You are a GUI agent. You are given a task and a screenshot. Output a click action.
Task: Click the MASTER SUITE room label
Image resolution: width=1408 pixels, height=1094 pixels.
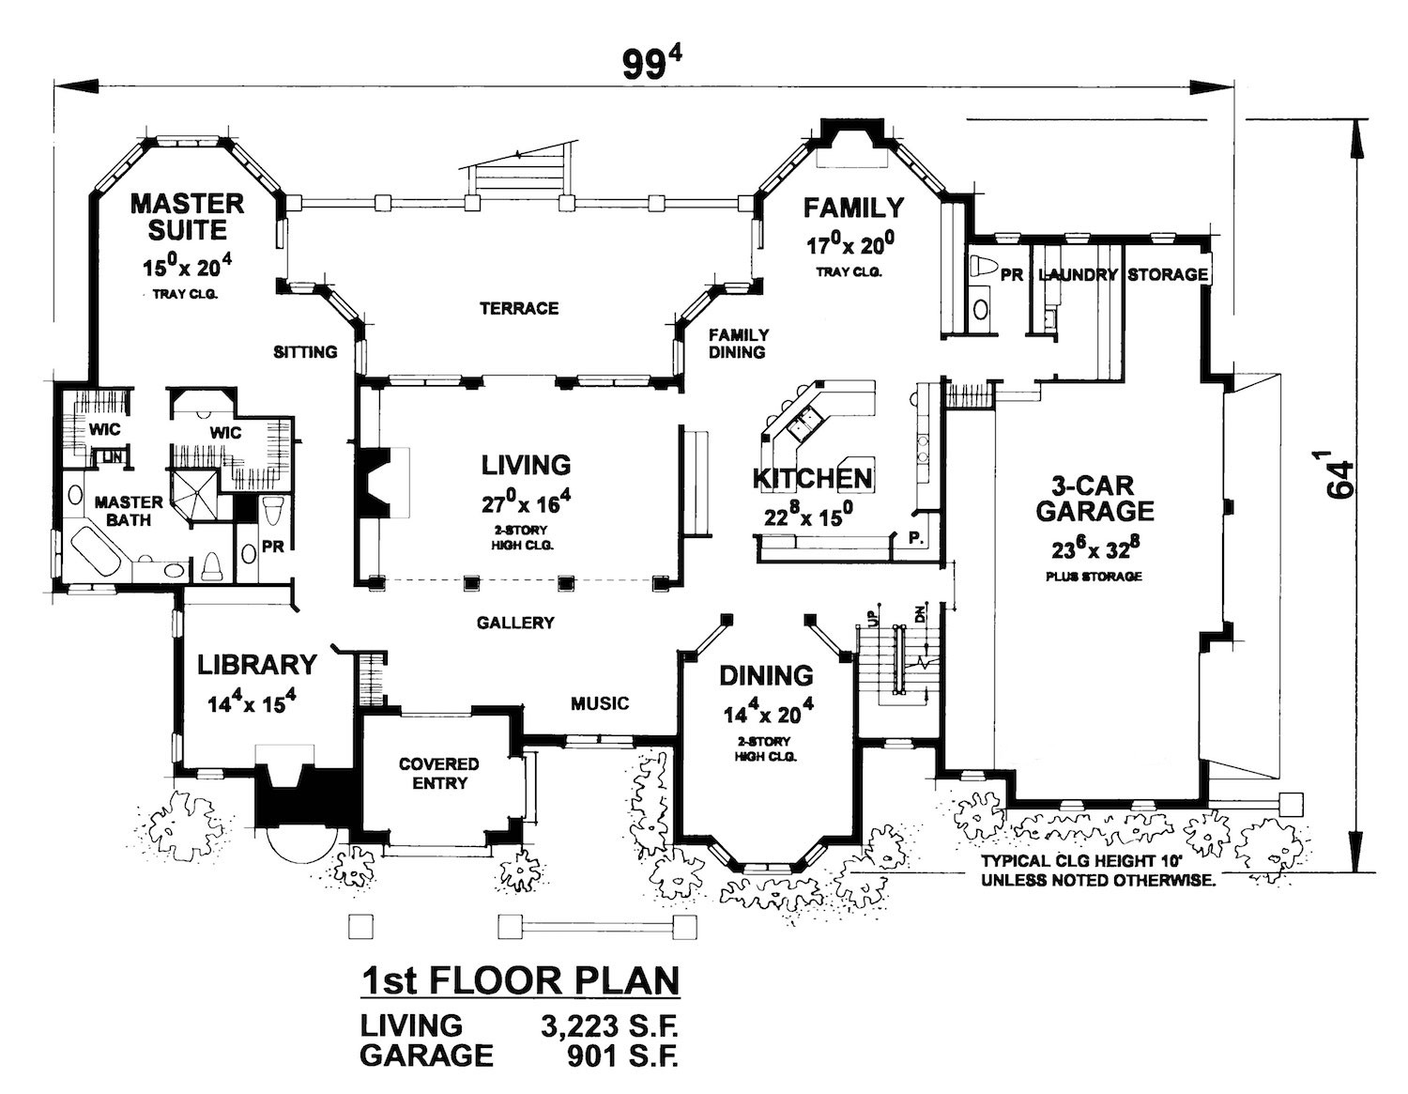tap(187, 216)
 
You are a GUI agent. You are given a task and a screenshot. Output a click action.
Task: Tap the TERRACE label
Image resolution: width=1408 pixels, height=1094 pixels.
tap(519, 308)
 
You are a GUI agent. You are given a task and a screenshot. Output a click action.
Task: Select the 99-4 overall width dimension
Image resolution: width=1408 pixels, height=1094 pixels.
tap(650, 64)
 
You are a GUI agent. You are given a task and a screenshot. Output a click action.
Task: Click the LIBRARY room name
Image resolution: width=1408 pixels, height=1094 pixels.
tap(256, 665)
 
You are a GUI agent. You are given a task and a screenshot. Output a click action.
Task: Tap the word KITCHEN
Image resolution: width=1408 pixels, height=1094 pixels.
tap(813, 478)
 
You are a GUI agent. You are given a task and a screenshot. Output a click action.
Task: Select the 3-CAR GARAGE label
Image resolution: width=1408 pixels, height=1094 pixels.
tap(1094, 499)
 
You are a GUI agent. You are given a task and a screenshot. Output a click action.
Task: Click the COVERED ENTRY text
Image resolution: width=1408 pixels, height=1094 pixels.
tap(438, 773)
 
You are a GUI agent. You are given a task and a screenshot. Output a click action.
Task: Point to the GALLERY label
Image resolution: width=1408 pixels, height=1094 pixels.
tap(514, 623)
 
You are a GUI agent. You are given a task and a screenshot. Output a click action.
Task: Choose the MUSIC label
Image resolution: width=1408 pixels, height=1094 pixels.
tap(600, 703)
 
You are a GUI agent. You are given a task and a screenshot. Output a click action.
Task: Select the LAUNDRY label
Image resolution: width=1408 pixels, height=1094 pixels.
tap(1078, 274)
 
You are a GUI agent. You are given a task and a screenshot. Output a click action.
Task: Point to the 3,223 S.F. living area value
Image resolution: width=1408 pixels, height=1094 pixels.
tap(608, 1025)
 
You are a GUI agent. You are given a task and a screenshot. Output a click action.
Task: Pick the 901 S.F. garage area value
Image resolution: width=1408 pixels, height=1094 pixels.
tap(621, 1056)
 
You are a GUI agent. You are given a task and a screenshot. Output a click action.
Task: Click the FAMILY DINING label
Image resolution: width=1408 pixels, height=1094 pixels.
tap(738, 343)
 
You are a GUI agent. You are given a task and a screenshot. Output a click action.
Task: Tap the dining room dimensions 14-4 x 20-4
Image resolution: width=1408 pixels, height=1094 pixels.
tap(768, 715)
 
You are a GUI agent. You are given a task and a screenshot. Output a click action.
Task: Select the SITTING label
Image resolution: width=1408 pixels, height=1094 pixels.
tap(305, 352)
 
